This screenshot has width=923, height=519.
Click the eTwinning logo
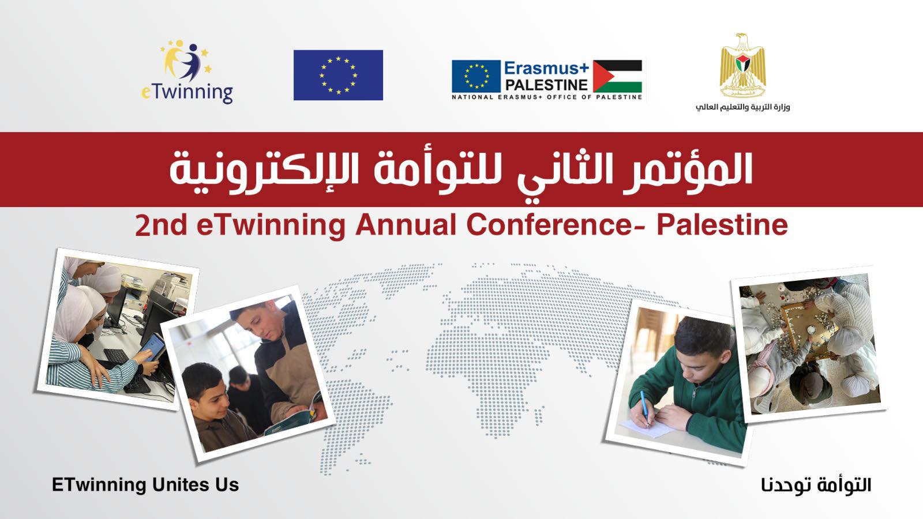click(186, 72)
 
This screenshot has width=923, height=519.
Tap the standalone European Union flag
click(338, 75)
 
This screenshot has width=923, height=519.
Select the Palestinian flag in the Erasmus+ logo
click(617, 76)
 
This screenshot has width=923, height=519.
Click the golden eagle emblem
click(742, 66)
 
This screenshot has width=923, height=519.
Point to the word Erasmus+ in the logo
click(546, 68)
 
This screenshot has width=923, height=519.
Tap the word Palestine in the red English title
click(722, 225)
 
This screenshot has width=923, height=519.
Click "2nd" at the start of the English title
click(161, 225)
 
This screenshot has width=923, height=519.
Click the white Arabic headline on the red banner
click(461, 168)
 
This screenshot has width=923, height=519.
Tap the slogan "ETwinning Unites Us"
click(145, 484)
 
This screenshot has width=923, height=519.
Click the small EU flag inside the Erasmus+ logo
click(476, 76)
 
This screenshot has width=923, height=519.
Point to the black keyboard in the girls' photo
click(118, 358)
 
